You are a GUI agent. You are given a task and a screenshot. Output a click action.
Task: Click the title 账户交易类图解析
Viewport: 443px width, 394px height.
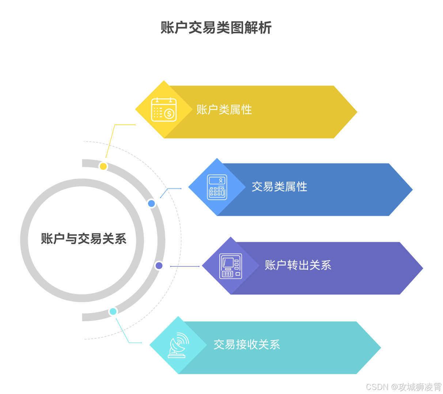tap(216, 28)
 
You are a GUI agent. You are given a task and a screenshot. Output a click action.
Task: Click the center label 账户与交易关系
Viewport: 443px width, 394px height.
tap(84, 239)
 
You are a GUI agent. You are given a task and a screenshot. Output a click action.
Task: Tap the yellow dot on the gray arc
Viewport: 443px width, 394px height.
tap(103, 166)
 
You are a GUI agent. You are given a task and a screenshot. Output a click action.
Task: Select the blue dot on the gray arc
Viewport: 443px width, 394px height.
tap(151, 203)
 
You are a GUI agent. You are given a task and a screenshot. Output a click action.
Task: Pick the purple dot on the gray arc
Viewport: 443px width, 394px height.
tap(159, 266)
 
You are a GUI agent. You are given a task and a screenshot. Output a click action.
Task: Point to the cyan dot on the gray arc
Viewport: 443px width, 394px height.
tap(113, 311)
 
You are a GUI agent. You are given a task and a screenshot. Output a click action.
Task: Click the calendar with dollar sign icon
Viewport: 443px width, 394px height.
tap(164, 109)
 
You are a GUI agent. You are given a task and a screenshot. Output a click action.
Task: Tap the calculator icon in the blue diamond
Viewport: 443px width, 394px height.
tap(217, 187)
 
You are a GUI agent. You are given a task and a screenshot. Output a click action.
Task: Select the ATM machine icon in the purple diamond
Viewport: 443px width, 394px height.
tap(231, 266)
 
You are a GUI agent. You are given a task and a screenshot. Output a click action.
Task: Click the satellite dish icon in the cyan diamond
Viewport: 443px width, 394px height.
tap(178, 345)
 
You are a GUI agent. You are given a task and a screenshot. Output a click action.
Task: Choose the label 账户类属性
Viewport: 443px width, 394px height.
tap(224, 110)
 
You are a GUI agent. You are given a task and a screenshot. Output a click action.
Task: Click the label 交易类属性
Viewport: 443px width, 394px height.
tap(279, 187)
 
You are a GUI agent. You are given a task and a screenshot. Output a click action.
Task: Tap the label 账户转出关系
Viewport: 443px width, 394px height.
tap(298, 265)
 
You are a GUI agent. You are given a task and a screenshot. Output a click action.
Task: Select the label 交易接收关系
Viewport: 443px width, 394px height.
tap(247, 345)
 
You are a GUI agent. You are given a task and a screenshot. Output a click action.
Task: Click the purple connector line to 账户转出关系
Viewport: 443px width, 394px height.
tap(185, 266)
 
